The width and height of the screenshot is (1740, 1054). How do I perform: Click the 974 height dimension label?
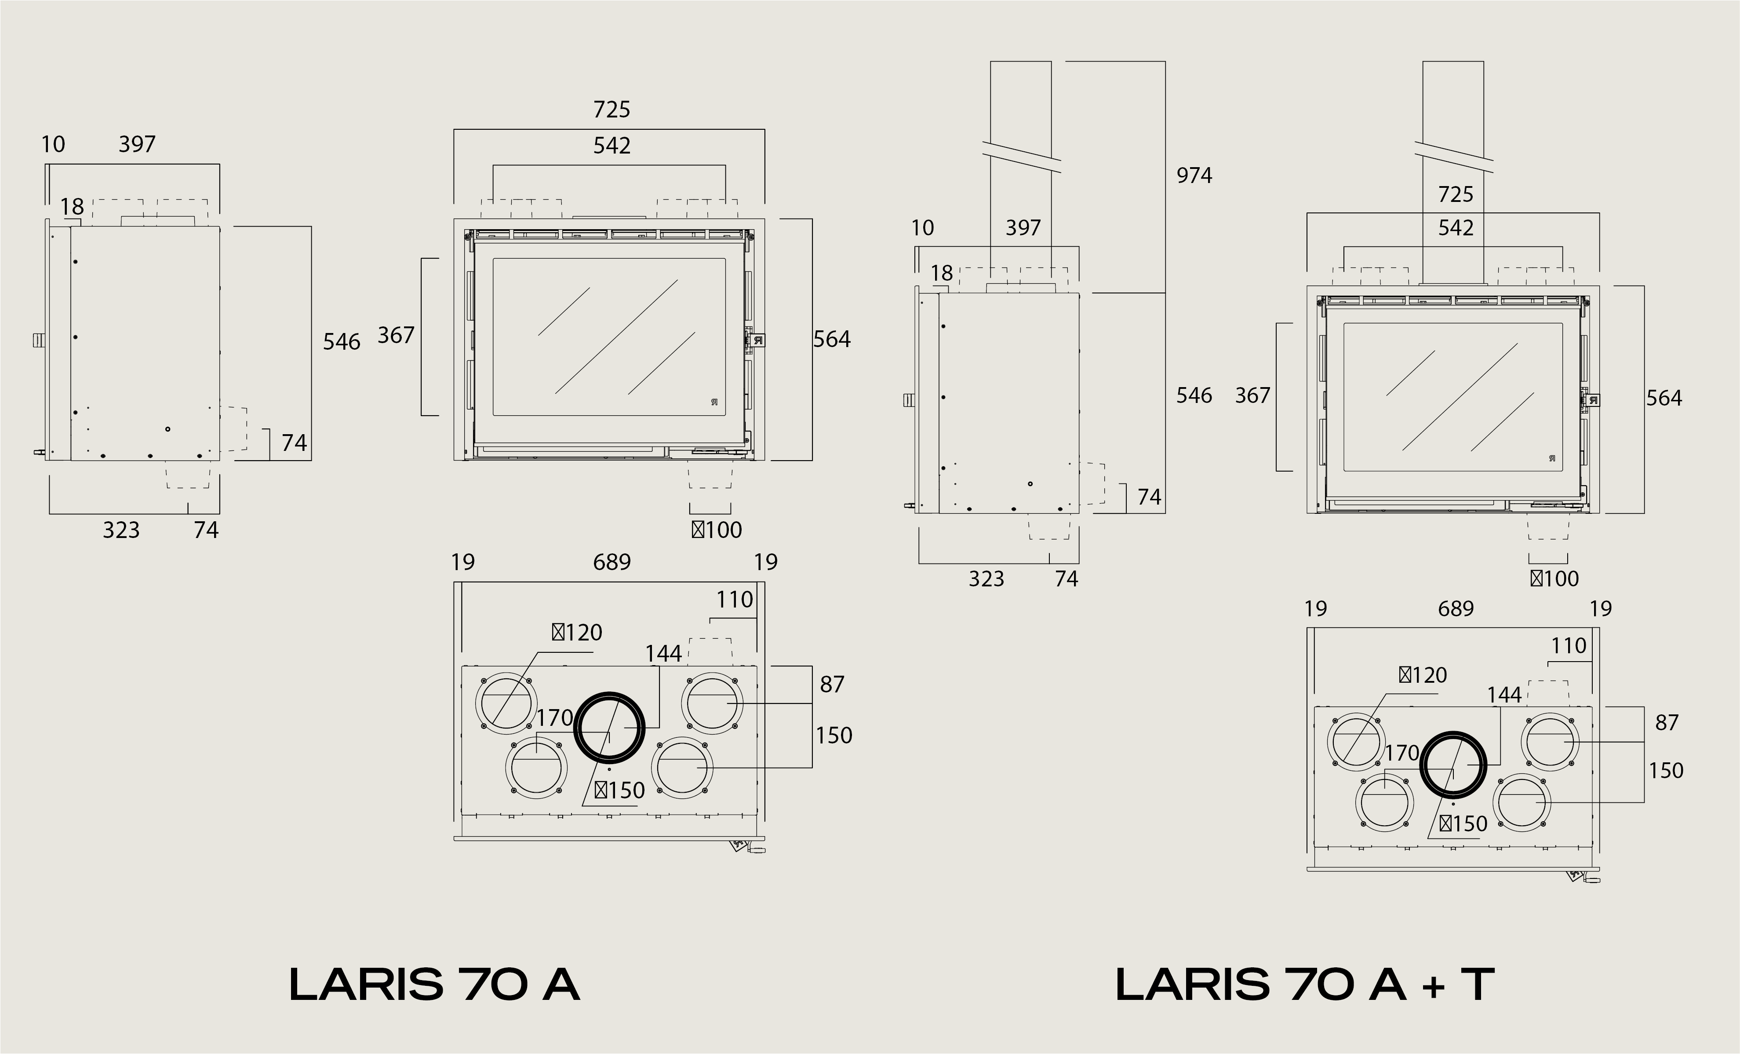pyautogui.click(x=1194, y=175)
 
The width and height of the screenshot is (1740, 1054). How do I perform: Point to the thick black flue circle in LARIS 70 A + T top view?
pyautogui.click(x=1453, y=765)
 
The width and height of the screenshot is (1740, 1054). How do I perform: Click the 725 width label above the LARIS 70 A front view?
pyautogui.click(x=612, y=110)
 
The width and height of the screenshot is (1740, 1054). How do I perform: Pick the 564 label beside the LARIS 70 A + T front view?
pyautogui.click(x=1664, y=399)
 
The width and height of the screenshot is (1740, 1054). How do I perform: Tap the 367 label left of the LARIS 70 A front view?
pyautogui.click(x=396, y=336)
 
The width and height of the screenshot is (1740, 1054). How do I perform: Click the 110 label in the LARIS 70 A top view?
pyautogui.click(x=735, y=600)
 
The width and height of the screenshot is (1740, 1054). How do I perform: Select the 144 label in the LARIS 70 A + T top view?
pyautogui.click(x=1504, y=695)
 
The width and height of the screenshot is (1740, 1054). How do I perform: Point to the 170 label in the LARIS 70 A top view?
pyautogui.click(x=554, y=718)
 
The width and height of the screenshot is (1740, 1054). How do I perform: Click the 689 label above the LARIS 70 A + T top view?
pyautogui.click(x=1456, y=609)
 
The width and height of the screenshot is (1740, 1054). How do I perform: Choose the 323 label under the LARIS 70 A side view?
pyautogui.click(x=121, y=531)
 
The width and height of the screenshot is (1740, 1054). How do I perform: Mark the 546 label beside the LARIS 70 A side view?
pyautogui.click(x=342, y=342)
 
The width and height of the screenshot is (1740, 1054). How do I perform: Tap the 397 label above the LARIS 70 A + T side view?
pyautogui.click(x=1023, y=228)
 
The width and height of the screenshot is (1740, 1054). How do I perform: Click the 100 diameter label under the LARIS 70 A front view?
pyautogui.click(x=717, y=530)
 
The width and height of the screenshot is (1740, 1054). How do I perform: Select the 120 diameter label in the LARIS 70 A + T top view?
pyautogui.click(x=1423, y=675)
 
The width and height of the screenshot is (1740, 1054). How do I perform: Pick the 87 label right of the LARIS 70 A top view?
pyautogui.click(x=832, y=684)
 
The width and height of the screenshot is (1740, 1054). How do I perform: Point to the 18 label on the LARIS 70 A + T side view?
pyautogui.click(x=941, y=273)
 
